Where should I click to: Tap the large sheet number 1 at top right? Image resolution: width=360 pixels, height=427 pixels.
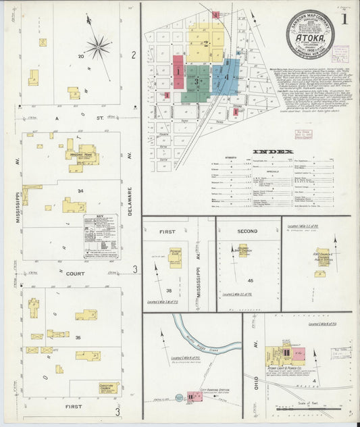[344, 19]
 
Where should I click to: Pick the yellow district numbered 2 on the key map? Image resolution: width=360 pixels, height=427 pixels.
[206, 43]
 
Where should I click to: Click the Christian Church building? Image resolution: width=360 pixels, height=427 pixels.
[107, 388]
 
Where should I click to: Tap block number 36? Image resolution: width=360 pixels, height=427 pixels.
[78, 338]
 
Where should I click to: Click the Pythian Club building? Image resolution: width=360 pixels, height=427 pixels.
[176, 257]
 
